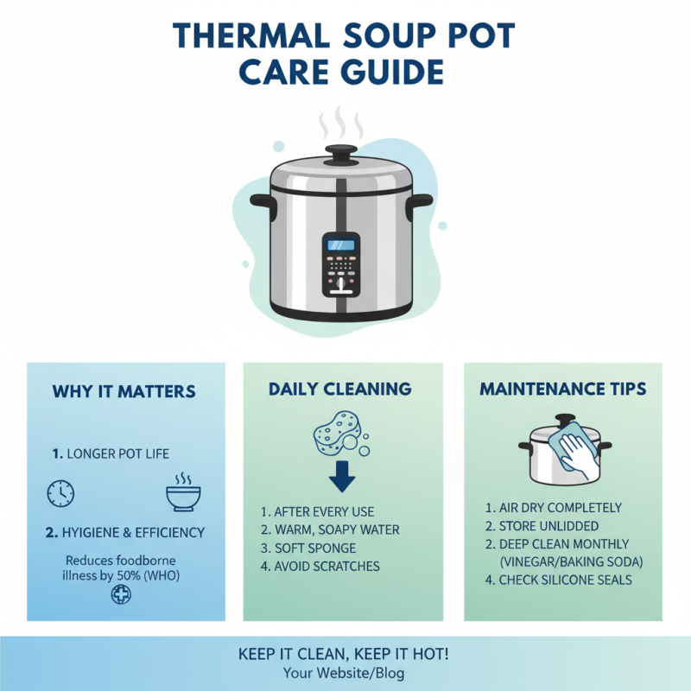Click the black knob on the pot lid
(340, 154)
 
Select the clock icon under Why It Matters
(60, 493)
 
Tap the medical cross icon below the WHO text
(121, 594)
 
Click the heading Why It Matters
(124, 391)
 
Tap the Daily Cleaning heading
(339, 390)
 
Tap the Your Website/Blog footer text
(343, 674)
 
